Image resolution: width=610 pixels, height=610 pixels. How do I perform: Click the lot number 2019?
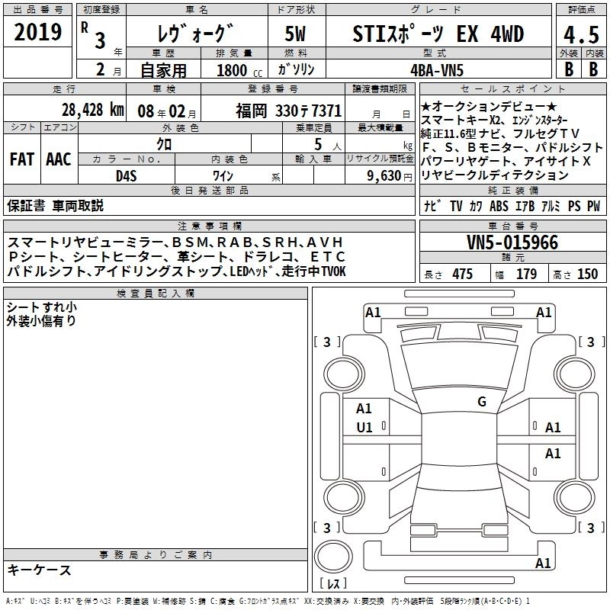coord(37,32)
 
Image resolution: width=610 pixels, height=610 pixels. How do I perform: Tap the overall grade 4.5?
coord(581,35)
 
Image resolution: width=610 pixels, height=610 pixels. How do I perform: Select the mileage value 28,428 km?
coord(93,110)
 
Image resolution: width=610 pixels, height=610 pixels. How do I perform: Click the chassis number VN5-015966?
coord(512,242)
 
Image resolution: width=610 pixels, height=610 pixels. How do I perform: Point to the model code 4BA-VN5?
coord(437,70)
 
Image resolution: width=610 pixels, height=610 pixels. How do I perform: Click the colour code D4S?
coord(127,176)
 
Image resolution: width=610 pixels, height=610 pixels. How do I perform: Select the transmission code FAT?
coord(22,159)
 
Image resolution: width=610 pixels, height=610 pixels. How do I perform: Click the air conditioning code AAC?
coord(59,159)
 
